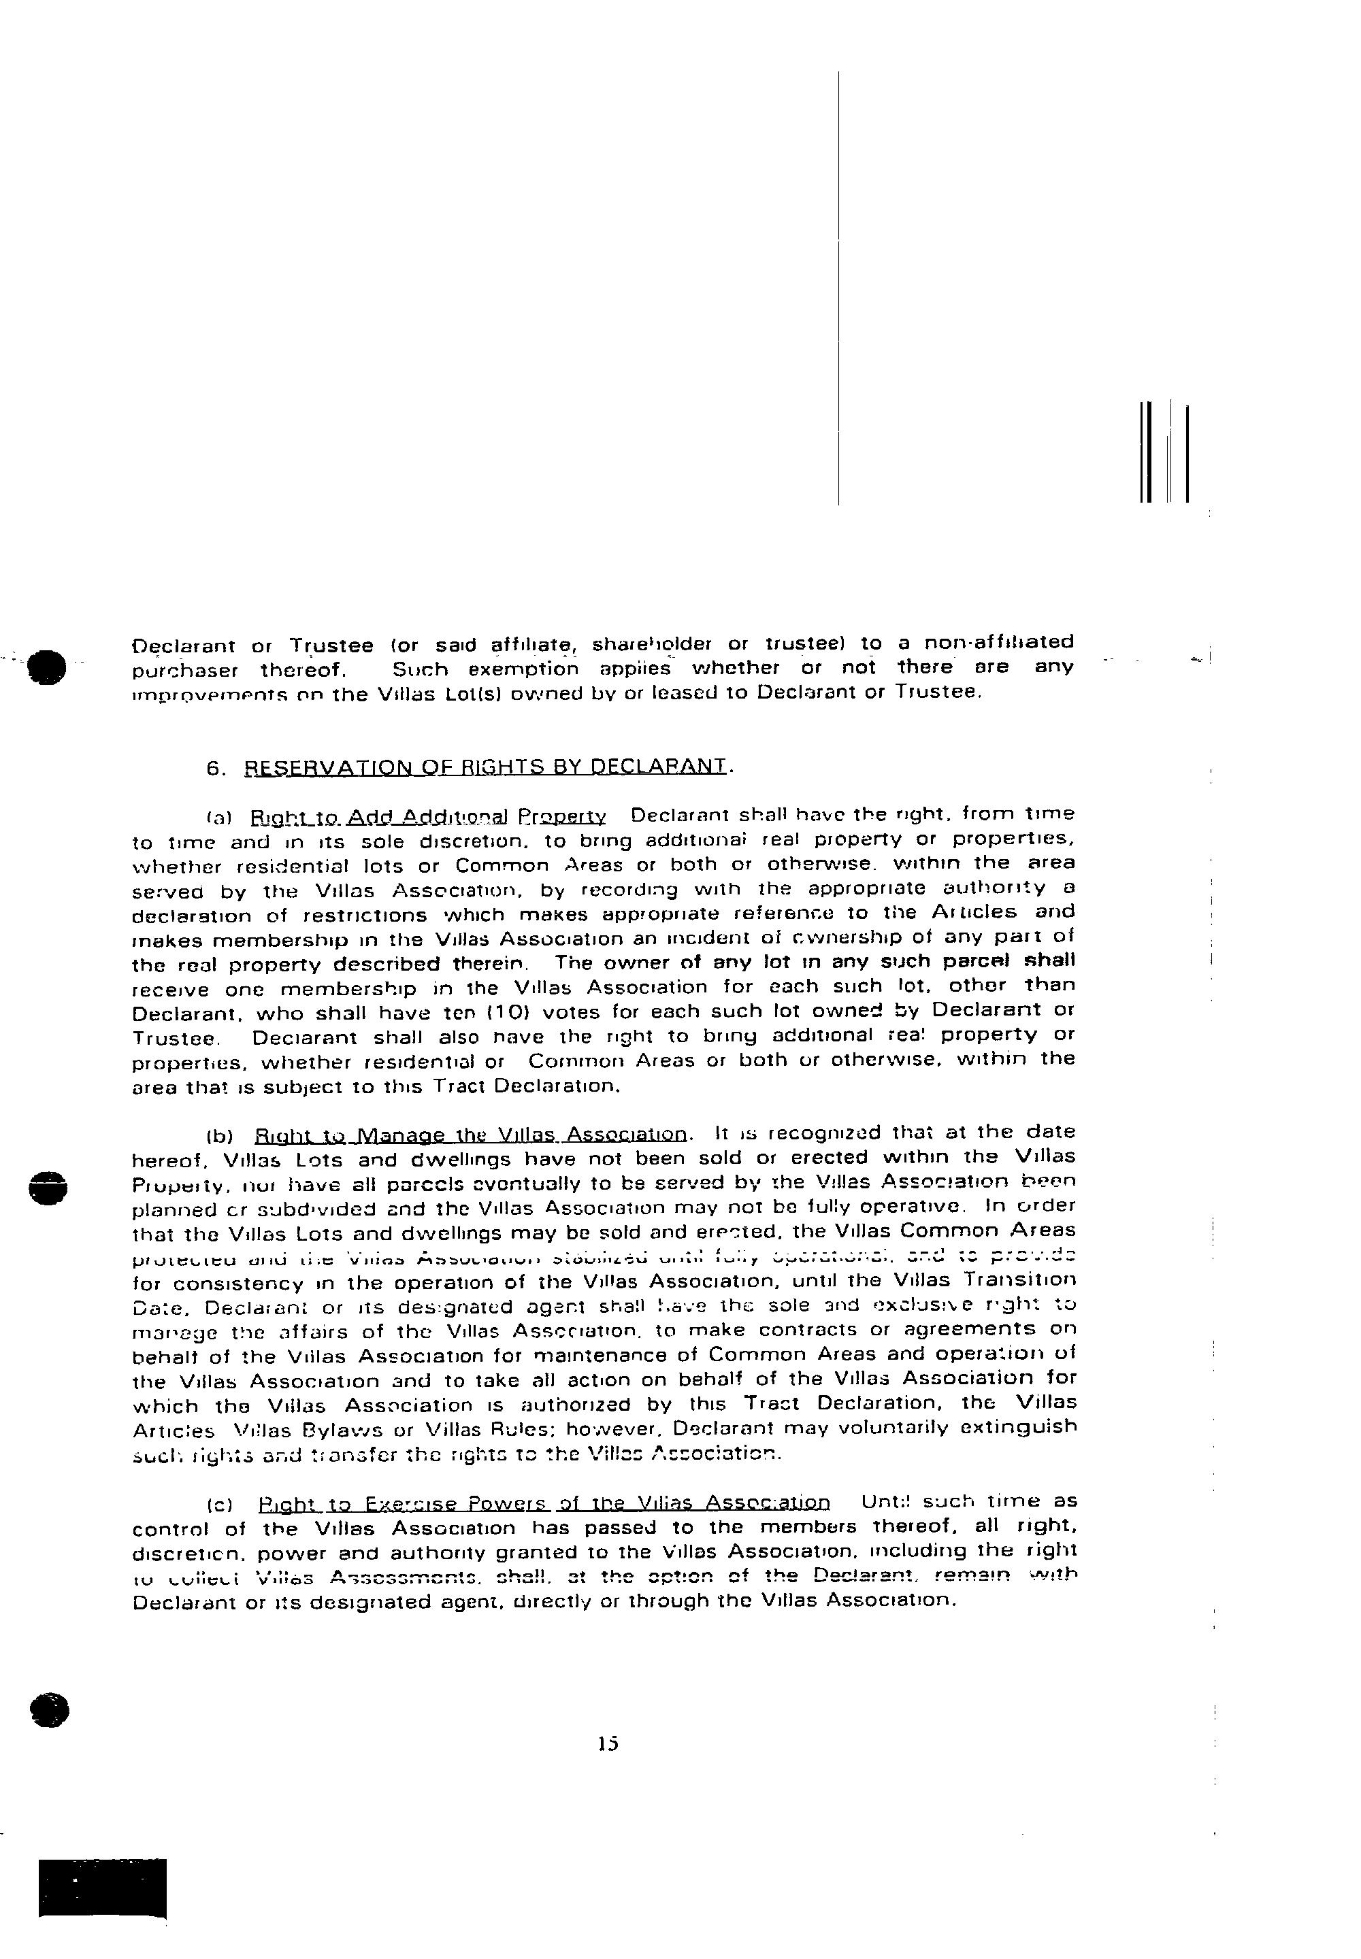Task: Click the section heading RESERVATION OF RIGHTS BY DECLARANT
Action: (x=487, y=767)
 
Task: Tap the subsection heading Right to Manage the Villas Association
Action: (x=471, y=1135)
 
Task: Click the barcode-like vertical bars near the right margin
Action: (x=1163, y=452)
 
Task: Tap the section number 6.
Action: (x=216, y=768)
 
